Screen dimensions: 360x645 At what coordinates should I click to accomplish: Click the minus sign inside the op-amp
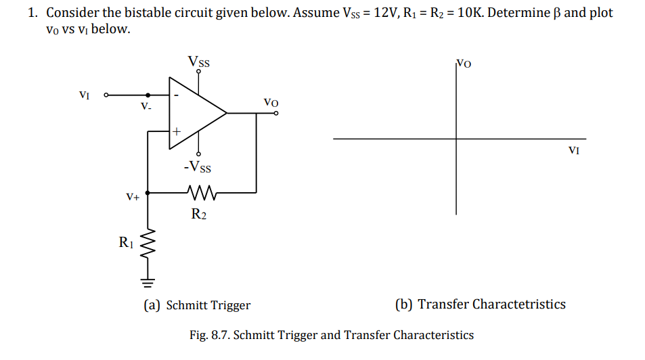tap(176, 95)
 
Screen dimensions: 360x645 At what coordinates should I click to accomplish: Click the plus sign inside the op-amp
tap(177, 131)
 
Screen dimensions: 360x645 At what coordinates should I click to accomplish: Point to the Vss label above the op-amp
tap(198, 62)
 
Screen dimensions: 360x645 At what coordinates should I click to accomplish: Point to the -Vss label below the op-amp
tap(197, 166)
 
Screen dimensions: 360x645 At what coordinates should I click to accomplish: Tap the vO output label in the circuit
tap(271, 102)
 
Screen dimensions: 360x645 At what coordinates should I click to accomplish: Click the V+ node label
tap(132, 197)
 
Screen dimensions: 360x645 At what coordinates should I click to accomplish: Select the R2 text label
tap(198, 215)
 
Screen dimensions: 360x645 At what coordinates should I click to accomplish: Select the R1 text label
tap(127, 242)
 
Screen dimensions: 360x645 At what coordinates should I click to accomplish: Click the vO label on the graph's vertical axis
tap(464, 64)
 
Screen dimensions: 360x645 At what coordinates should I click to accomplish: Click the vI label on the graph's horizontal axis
tap(573, 150)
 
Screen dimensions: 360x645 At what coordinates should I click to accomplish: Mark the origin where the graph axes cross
tap(456, 139)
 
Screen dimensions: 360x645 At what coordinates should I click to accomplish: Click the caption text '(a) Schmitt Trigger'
tap(196, 305)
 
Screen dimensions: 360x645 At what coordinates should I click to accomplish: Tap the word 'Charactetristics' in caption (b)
tap(519, 305)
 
